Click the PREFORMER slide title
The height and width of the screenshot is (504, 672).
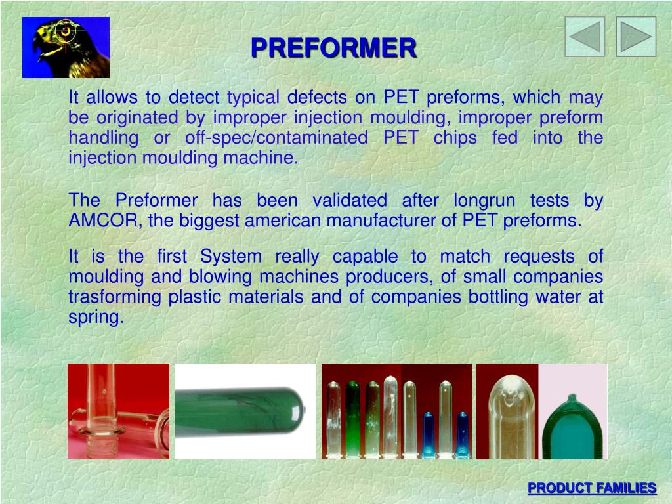coord(333,48)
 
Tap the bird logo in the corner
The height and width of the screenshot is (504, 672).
coord(66,47)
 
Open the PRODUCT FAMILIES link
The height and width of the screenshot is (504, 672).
coord(592,488)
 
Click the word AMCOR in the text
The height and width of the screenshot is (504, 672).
coord(104,220)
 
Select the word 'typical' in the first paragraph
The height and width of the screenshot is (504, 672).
coord(253,98)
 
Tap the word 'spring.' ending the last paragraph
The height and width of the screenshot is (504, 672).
coord(96,318)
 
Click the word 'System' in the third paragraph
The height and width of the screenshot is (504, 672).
coord(231,256)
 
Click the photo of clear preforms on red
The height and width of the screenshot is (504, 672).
coord(118,411)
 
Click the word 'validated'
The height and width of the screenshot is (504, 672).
coord(349,200)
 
